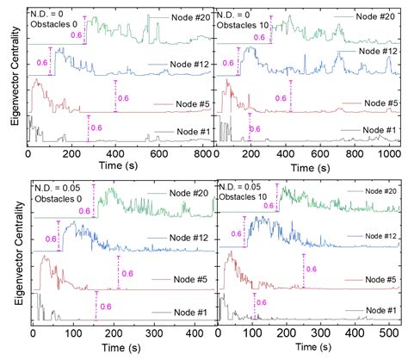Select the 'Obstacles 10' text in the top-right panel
tap(244, 28)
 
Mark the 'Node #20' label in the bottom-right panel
tap(374, 191)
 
